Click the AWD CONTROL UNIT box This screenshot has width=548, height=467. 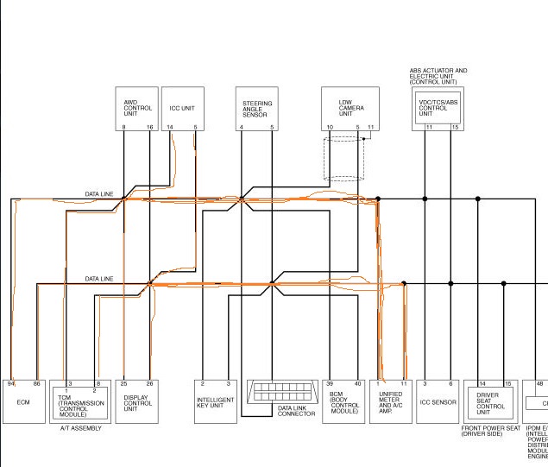[x=137, y=108]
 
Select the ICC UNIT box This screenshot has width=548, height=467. [x=182, y=108]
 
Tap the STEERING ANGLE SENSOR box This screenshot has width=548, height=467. [x=257, y=108]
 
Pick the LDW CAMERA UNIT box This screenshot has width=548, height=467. [x=348, y=108]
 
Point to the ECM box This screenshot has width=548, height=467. [x=24, y=401]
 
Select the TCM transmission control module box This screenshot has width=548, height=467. [x=81, y=402]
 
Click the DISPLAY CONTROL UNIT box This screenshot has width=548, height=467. [x=137, y=401]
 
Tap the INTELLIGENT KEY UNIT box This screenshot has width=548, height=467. [x=216, y=401]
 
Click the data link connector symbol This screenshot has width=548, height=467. [x=284, y=392]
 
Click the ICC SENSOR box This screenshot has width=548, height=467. [x=438, y=402]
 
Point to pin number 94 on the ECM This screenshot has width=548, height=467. [x=11, y=382]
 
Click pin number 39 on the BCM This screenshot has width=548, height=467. [x=331, y=382]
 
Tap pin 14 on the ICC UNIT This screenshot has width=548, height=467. [x=170, y=127]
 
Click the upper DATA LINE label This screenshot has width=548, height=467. [x=98, y=194]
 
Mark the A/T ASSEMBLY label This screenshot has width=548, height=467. [x=81, y=428]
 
